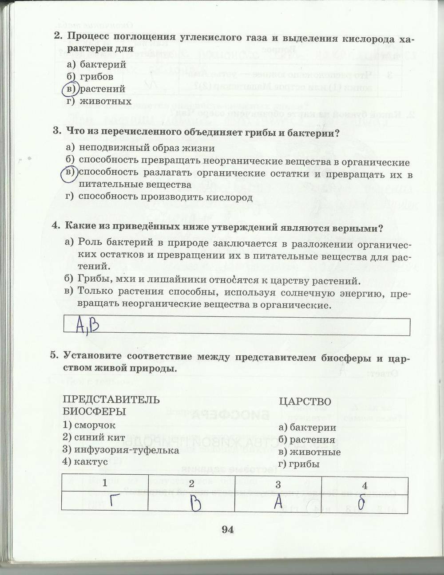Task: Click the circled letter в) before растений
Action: tap(70, 89)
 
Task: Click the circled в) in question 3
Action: tap(69, 173)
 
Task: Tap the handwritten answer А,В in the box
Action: tap(87, 326)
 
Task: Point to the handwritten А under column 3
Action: tap(278, 502)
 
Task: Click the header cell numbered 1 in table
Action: tap(105, 483)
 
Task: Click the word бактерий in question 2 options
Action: tap(103, 65)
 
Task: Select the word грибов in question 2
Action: tap(96, 77)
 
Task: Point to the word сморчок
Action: tap(95, 425)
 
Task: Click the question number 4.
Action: tap(55, 227)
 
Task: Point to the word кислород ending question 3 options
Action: tap(229, 197)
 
